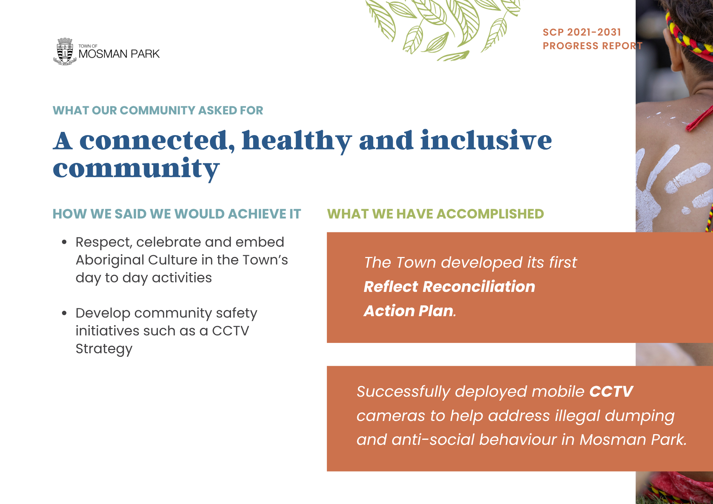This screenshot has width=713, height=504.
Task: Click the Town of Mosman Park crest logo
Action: click(x=65, y=51)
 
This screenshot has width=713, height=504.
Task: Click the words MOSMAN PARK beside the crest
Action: click(x=119, y=54)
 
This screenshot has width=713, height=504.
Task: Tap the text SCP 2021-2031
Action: click(x=582, y=32)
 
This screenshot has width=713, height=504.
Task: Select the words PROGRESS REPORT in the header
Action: click(x=593, y=46)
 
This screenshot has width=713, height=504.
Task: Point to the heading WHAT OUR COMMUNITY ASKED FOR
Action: click(x=158, y=110)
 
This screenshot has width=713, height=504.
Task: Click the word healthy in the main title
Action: click(x=297, y=141)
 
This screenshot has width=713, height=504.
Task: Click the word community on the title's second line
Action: click(x=136, y=169)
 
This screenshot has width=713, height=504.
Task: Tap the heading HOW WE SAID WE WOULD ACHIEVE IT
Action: click(x=177, y=214)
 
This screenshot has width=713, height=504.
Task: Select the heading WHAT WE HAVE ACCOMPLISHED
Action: click(x=436, y=214)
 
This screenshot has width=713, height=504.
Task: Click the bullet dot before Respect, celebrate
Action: click(x=64, y=242)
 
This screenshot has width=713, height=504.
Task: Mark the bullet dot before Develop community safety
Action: click(x=64, y=313)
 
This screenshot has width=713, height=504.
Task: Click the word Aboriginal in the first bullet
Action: click(x=110, y=261)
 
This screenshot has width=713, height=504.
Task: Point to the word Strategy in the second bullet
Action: click(x=104, y=349)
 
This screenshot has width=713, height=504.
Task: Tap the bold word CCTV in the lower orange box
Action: click(x=611, y=391)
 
